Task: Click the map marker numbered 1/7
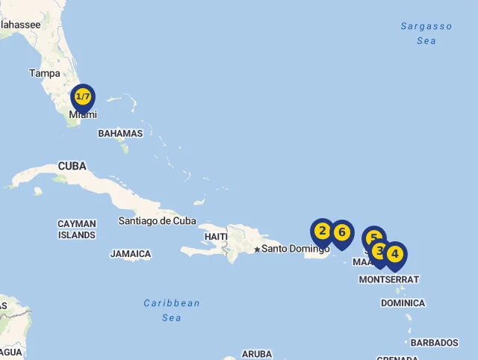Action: [x=83, y=97]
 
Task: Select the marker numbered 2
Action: [x=323, y=231]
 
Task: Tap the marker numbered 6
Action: [x=342, y=232]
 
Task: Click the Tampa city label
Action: [x=44, y=73]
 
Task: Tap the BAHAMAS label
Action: [x=120, y=134]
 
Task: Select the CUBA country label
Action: [x=72, y=166]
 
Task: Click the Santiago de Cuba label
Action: [x=158, y=220]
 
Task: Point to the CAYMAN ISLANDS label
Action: [x=77, y=229]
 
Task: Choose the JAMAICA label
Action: [x=131, y=254]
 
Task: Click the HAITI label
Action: [x=215, y=237]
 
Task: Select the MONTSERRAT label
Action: [x=389, y=279]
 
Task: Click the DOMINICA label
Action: [x=403, y=303]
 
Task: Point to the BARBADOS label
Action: [x=434, y=343]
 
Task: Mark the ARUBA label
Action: [x=258, y=354]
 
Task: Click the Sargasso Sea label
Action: [x=426, y=34]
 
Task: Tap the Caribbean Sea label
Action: [x=172, y=310]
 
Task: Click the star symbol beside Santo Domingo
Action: [x=257, y=249]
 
